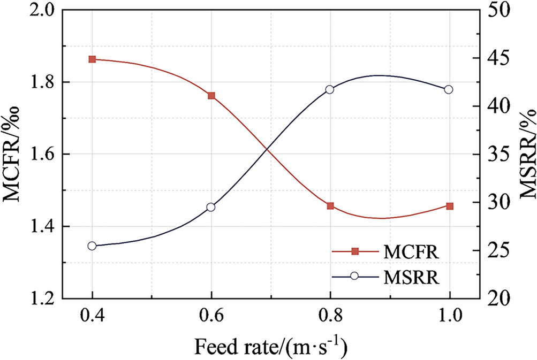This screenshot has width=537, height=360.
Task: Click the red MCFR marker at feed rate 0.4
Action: (x=92, y=59)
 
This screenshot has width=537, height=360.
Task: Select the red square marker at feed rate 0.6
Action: (x=211, y=96)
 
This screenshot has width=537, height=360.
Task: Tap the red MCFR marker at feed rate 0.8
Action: (x=330, y=206)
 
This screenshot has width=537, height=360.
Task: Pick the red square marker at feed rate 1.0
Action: (x=450, y=206)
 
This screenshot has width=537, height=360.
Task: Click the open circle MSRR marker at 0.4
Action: (x=92, y=246)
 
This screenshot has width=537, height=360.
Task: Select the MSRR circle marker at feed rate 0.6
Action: (x=211, y=207)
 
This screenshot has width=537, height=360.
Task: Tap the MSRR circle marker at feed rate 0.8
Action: (x=330, y=89)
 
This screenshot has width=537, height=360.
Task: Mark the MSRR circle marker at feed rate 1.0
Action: (x=450, y=89)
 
